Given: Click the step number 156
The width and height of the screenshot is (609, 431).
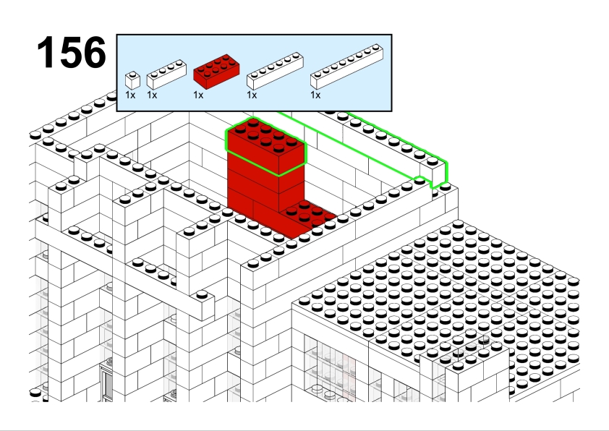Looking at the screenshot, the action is pyautogui.click(x=72, y=52).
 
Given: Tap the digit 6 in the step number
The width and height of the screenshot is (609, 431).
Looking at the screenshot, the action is pyautogui.click(x=94, y=52).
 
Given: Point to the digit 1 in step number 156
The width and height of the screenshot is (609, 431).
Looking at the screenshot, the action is pyautogui.click(x=46, y=52).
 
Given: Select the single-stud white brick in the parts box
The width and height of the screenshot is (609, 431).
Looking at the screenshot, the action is pyautogui.click(x=132, y=80).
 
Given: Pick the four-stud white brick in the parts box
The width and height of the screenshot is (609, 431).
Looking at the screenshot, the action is pyautogui.click(x=166, y=74).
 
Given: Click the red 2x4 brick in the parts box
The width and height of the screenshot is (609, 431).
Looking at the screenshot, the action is pyautogui.click(x=216, y=71).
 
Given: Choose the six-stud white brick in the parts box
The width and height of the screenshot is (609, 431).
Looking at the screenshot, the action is pyautogui.click(x=275, y=71).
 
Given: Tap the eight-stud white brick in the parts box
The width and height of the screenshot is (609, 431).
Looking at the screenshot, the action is pyautogui.click(x=347, y=67).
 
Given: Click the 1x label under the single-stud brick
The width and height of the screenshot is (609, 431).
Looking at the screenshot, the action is pyautogui.click(x=130, y=95).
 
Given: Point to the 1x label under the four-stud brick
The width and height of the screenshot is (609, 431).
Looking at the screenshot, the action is pyautogui.click(x=152, y=95).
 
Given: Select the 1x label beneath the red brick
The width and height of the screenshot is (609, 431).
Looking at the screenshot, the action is pyautogui.click(x=198, y=95).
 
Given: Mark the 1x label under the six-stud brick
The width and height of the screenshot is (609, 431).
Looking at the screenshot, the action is pyautogui.click(x=252, y=95).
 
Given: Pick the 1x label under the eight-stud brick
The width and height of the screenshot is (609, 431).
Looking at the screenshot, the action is pyautogui.click(x=315, y=95).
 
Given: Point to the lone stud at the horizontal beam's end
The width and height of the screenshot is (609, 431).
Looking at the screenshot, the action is pyautogui.click(x=202, y=295).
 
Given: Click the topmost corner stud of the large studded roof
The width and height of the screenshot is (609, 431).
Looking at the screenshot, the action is pyautogui.click(x=458, y=224).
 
